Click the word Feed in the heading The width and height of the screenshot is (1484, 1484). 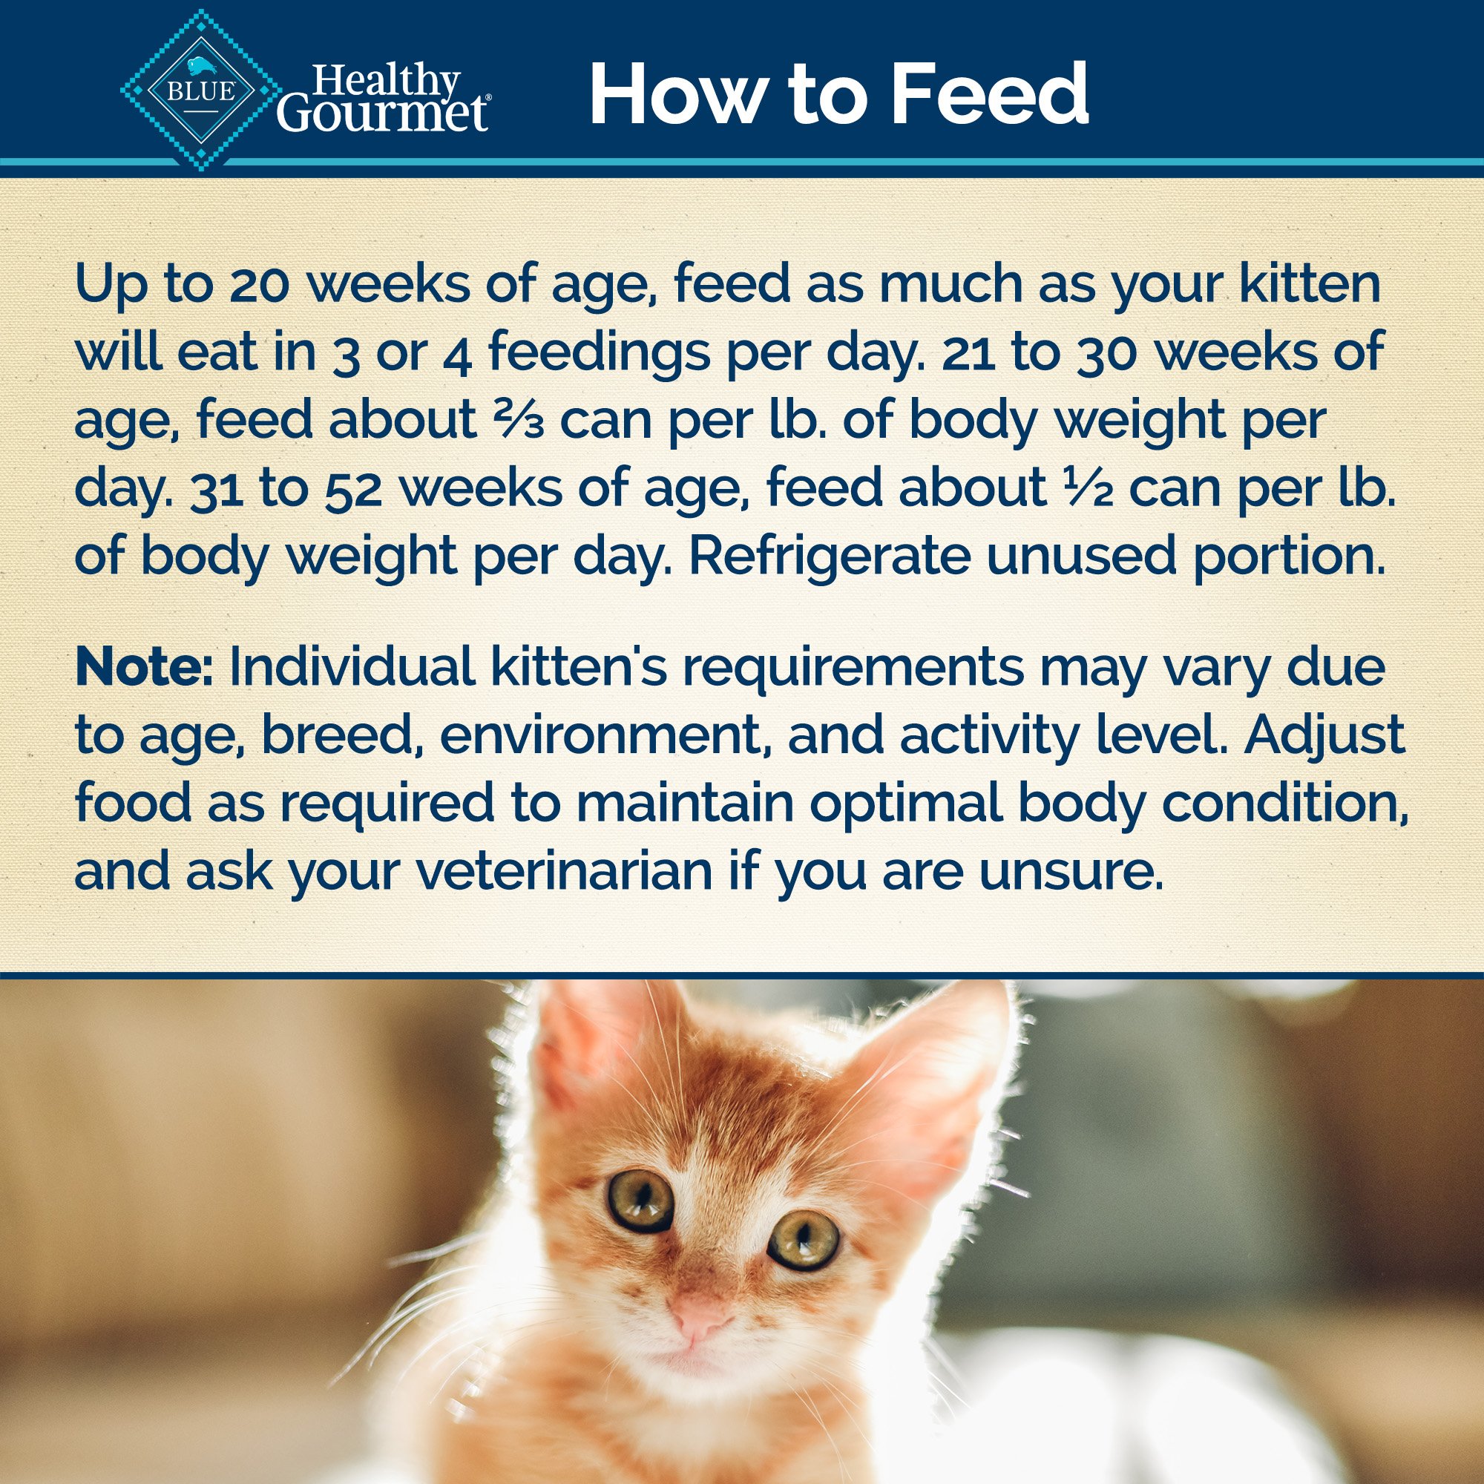(991, 93)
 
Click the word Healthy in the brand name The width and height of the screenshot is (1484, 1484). (387, 80)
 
